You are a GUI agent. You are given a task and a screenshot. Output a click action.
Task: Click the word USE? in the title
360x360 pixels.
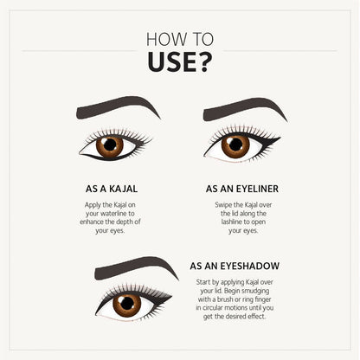point(180,62)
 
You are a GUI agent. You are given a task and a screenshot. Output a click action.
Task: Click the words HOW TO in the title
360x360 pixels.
point(180,39)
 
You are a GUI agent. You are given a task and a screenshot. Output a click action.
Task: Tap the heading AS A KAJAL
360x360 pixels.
point(112,189)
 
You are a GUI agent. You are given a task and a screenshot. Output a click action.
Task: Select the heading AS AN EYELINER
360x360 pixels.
point(242,189)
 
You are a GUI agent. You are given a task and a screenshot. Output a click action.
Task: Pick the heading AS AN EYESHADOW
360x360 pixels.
point(235,266)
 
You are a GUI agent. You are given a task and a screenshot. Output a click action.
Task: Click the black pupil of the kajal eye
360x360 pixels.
point(110,145)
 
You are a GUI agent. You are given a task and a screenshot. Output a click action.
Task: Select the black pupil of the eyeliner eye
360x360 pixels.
point(235,145)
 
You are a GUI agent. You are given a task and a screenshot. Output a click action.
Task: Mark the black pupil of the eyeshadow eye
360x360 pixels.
point(127,303)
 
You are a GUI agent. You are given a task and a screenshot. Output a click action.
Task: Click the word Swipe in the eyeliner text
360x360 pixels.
point(223,205)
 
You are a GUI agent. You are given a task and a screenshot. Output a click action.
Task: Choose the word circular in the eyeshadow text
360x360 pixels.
point(213,308)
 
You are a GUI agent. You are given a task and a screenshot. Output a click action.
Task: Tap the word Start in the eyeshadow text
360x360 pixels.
point(203,282)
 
